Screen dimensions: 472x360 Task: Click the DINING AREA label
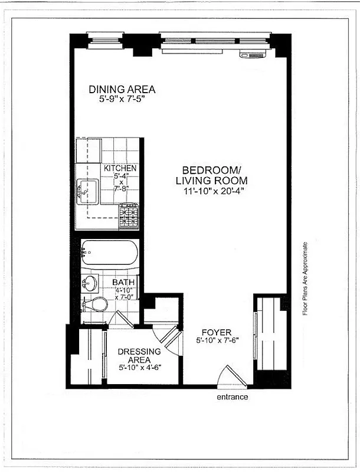coord(122,90)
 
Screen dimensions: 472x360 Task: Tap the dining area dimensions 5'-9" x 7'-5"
coord(122,100)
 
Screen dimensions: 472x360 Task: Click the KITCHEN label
coord(120,169)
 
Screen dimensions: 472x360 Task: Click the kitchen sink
coord(87,191)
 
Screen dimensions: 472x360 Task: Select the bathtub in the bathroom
coord(109,253)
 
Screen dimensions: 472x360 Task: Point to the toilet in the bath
coord(94,304)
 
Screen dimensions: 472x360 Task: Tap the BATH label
coord(123,283)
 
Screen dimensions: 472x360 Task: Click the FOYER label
coord(216,332)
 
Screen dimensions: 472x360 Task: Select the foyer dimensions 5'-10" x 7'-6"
coord(216,341)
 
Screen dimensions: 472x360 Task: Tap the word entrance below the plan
coord(232,397)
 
